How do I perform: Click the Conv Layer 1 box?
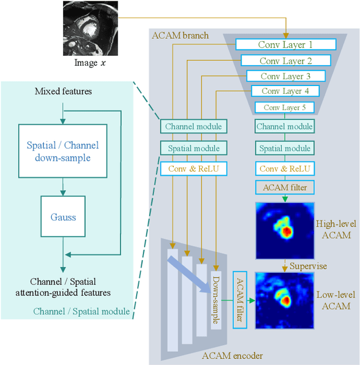pos(285,44)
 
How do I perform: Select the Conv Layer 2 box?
pos(285,61)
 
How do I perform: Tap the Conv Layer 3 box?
pos(285,76)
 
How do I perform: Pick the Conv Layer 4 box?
pos(285,91)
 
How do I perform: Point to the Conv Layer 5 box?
pos(285,107)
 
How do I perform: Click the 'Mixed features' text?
pos(63,91)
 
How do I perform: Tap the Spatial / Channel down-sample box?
pos(62,151)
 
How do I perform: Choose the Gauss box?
pos(63,217)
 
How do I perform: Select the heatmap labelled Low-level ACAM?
pos(284,299)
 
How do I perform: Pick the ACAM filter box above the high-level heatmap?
pos(285,187)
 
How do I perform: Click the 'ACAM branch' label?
pos(180,35)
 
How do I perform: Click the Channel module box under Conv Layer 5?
pos(285,127)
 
